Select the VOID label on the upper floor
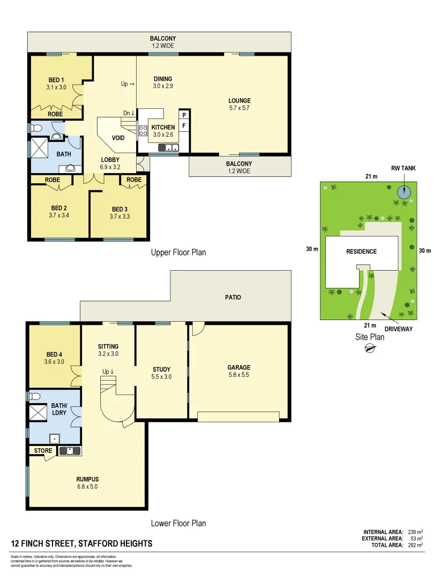(x=118, y=138)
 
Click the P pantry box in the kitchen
(x=184, y=115)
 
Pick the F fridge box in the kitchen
(x=184, y=126)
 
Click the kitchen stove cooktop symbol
(x=144, y=131)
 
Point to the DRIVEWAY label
(x=399, y=329)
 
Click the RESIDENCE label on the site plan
(x=361, y=251)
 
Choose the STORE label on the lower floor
(x=43, y=451)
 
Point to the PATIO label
(x=233, y=297)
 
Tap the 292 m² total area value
(x=415, y=545)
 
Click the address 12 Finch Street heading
(x=81, y=544)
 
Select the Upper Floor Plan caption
(x=178, y=252)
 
